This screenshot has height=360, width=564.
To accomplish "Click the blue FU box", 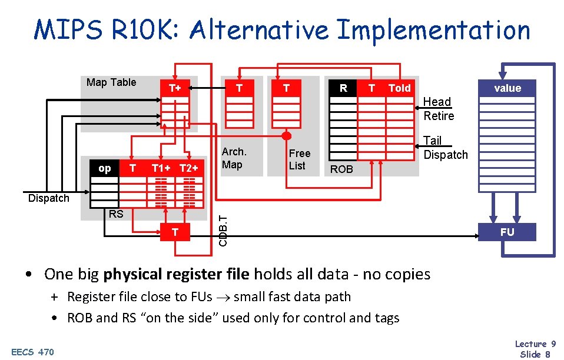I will pos(507,232).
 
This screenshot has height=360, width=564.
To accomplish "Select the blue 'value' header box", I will pos(507,88).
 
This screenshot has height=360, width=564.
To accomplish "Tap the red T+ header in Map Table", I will pos(175,88).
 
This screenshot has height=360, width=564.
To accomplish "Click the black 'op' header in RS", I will pos(104,168).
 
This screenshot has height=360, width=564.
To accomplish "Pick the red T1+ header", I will pos(161,168).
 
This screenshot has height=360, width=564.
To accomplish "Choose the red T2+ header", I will pos(189,168).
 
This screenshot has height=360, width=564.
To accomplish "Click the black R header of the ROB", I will pos(343,88).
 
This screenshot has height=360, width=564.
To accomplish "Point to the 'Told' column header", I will pos(399,88).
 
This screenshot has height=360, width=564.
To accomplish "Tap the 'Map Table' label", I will pos(111,82).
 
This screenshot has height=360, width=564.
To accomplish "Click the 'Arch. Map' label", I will pos(234,158).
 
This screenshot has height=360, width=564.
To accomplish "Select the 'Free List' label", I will pos(299,159).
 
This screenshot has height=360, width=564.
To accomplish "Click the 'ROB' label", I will pos(341,169).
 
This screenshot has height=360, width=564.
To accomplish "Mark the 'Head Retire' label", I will pos(439,109).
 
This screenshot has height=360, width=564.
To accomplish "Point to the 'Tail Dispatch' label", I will pos(445,148).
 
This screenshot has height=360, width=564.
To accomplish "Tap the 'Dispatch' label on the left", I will pos(48,198).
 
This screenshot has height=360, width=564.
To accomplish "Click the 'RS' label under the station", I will pos(116,214).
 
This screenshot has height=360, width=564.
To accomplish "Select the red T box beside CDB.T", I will pos(175,232).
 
